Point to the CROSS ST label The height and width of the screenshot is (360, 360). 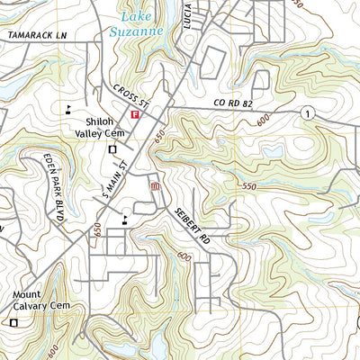point(129,97)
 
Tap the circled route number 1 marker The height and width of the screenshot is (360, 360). point(308,112)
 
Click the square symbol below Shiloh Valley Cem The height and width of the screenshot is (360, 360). point(112,148)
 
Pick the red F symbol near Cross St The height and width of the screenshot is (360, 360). point(136,116)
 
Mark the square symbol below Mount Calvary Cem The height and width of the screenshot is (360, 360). point(13,322)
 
